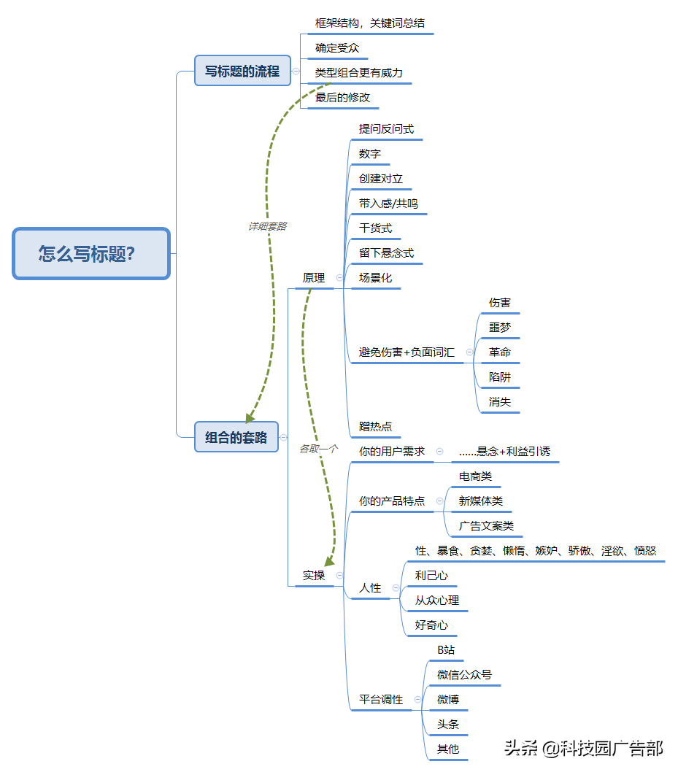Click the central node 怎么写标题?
(x=91, y=254)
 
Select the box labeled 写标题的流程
(x=242, y=71)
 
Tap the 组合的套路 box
(x=236, y=437)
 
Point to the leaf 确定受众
(x=336, y=48)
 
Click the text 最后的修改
(x=342, y=97)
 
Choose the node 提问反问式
(x=386, y=129)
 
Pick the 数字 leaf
(x=369, y=154)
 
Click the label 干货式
(x=375, y=228)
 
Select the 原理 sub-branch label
(x=314, y=277)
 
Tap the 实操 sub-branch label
(x=314, y=575)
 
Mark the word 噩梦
(x=500, y=327)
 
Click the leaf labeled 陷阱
(x=500, y=377)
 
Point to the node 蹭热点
(x=375, y=426)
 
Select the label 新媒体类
(x=480, y=501)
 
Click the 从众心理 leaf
(x=436, y=600)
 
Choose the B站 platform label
(x=446, y=649)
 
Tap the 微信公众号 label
(x=464, y=674)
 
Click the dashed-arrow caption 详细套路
(x=267, y=226)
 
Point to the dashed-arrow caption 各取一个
(x=319, y=449)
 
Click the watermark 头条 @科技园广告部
(x=583, y=747)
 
